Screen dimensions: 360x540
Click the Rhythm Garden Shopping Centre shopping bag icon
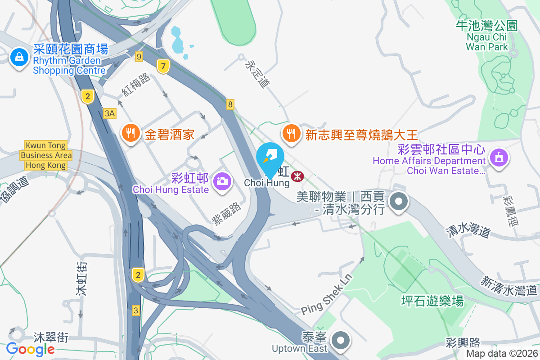tap(19, 58)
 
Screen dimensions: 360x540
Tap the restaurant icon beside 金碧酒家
tap(131, 133)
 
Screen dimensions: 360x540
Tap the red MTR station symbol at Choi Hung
tap(297, 176)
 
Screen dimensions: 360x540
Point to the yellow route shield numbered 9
tap(139, 57)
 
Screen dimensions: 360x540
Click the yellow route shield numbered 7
tap(163, 67)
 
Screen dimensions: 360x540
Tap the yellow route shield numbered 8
tap(230, 104)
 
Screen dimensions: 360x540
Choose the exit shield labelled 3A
tap(109, 113)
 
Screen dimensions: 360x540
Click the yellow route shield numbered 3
tap(136, 310)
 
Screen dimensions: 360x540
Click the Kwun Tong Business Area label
tap(45, 155)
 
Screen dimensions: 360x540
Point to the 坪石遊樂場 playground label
tap(432, 301)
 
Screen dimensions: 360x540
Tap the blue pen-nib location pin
tap(270, 156)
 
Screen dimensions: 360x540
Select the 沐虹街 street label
tap(81, 279)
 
